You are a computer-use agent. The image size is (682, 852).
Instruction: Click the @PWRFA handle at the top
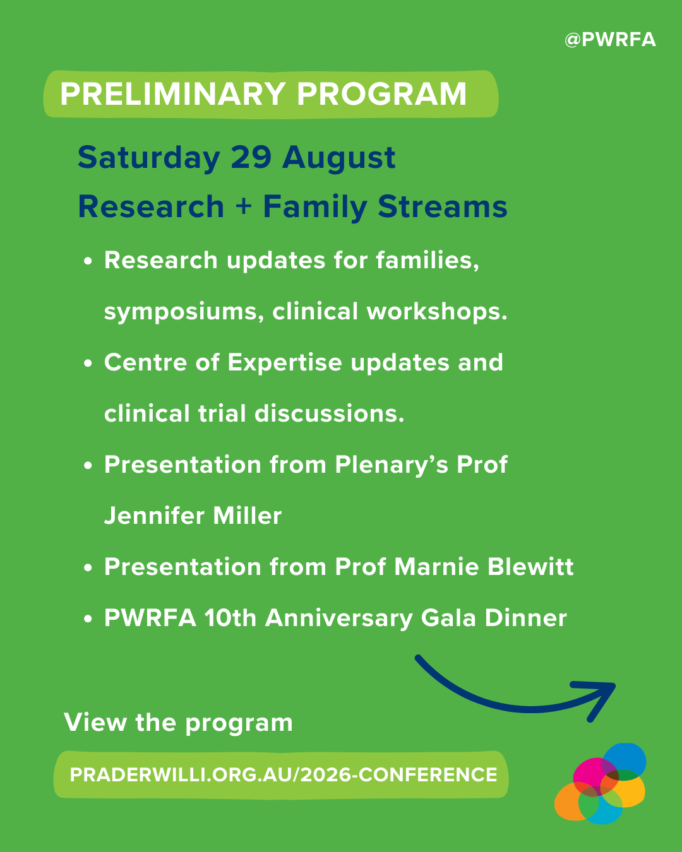610,40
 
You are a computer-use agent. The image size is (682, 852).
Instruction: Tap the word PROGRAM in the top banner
381,95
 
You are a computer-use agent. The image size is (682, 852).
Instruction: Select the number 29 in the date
251,157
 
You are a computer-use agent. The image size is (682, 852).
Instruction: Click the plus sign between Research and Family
243,207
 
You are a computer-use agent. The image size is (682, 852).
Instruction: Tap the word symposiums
183,312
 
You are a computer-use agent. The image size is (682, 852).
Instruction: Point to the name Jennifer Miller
193,516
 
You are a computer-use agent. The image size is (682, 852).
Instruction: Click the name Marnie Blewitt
484,567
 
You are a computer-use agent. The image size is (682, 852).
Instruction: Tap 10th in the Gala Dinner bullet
230,618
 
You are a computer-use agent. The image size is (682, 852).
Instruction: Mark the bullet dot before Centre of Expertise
88,364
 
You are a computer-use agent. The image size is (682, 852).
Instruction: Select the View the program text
178,723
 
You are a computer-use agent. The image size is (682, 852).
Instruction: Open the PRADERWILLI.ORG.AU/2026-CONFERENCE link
283,774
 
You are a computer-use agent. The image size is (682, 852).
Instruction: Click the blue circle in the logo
625,760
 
